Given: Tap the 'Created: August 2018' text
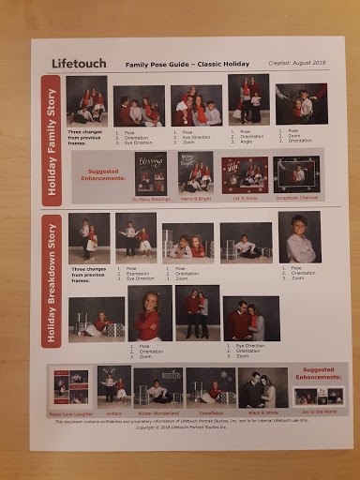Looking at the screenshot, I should [x=292, y=64].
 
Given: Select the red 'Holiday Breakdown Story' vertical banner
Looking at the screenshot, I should [x=52, y=280].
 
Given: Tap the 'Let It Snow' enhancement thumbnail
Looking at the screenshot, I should [x=244, y=173].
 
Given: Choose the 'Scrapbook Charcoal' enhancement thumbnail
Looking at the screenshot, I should [x=296, y=173].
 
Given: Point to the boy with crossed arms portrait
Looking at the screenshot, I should [x=298, y=236].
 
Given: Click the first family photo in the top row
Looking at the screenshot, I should [x=86, y=99].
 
